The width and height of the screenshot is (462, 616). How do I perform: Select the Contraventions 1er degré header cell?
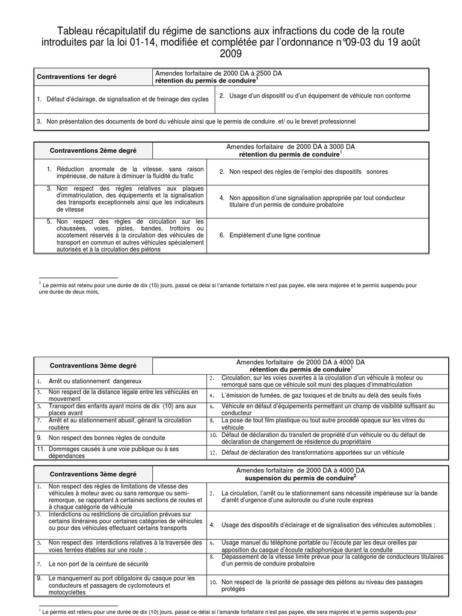click(76, 77)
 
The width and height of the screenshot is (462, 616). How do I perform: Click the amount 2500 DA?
click(266, 73)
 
